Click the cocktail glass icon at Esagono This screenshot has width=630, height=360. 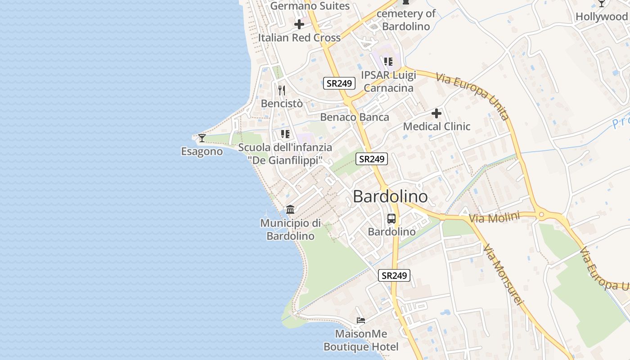[x=202, y=138]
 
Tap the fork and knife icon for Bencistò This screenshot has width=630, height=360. [x=282, y=90]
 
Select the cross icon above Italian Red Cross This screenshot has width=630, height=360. [x=299, y=24]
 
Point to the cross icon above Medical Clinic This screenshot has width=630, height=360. [x=436, y=113]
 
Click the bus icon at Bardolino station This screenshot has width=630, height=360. [x=391, y=219]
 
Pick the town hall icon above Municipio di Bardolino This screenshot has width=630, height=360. [x=290, y=210]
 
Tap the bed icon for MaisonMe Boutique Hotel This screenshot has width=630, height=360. [x=361, y=320]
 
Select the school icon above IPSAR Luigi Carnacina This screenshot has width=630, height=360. [x=388, y=62]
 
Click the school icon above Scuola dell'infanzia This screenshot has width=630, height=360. [x=285, y=134]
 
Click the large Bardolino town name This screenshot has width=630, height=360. [x=390, y=197]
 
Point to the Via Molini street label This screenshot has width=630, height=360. [x=494, y=218]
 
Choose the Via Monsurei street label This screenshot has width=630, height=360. [x=504, y=274]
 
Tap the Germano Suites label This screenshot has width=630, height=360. [x=310, y=6]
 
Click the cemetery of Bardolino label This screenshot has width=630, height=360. [x=406, y=20]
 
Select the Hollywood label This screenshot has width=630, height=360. [x=602, y=17]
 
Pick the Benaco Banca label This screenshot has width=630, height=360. [x=355, y=117]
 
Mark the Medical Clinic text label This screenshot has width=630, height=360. [x=436, y=126]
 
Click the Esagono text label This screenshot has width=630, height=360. [x=202, y=152]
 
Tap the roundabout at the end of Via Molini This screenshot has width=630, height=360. [x=541, y=215]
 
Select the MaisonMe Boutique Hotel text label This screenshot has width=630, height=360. [x=361, y=341]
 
